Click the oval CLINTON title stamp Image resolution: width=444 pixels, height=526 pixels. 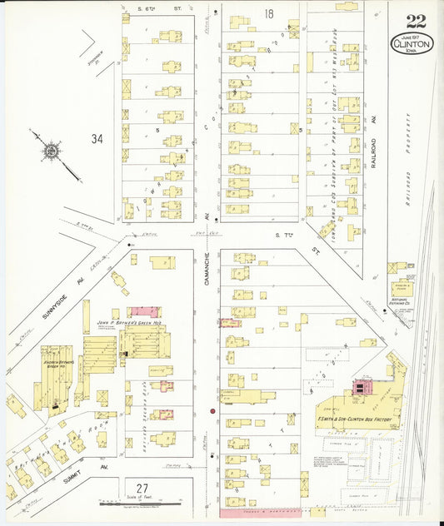coord(412,42)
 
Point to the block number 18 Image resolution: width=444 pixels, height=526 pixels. coord(268,13)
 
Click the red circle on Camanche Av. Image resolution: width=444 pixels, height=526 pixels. coord(212,410)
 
